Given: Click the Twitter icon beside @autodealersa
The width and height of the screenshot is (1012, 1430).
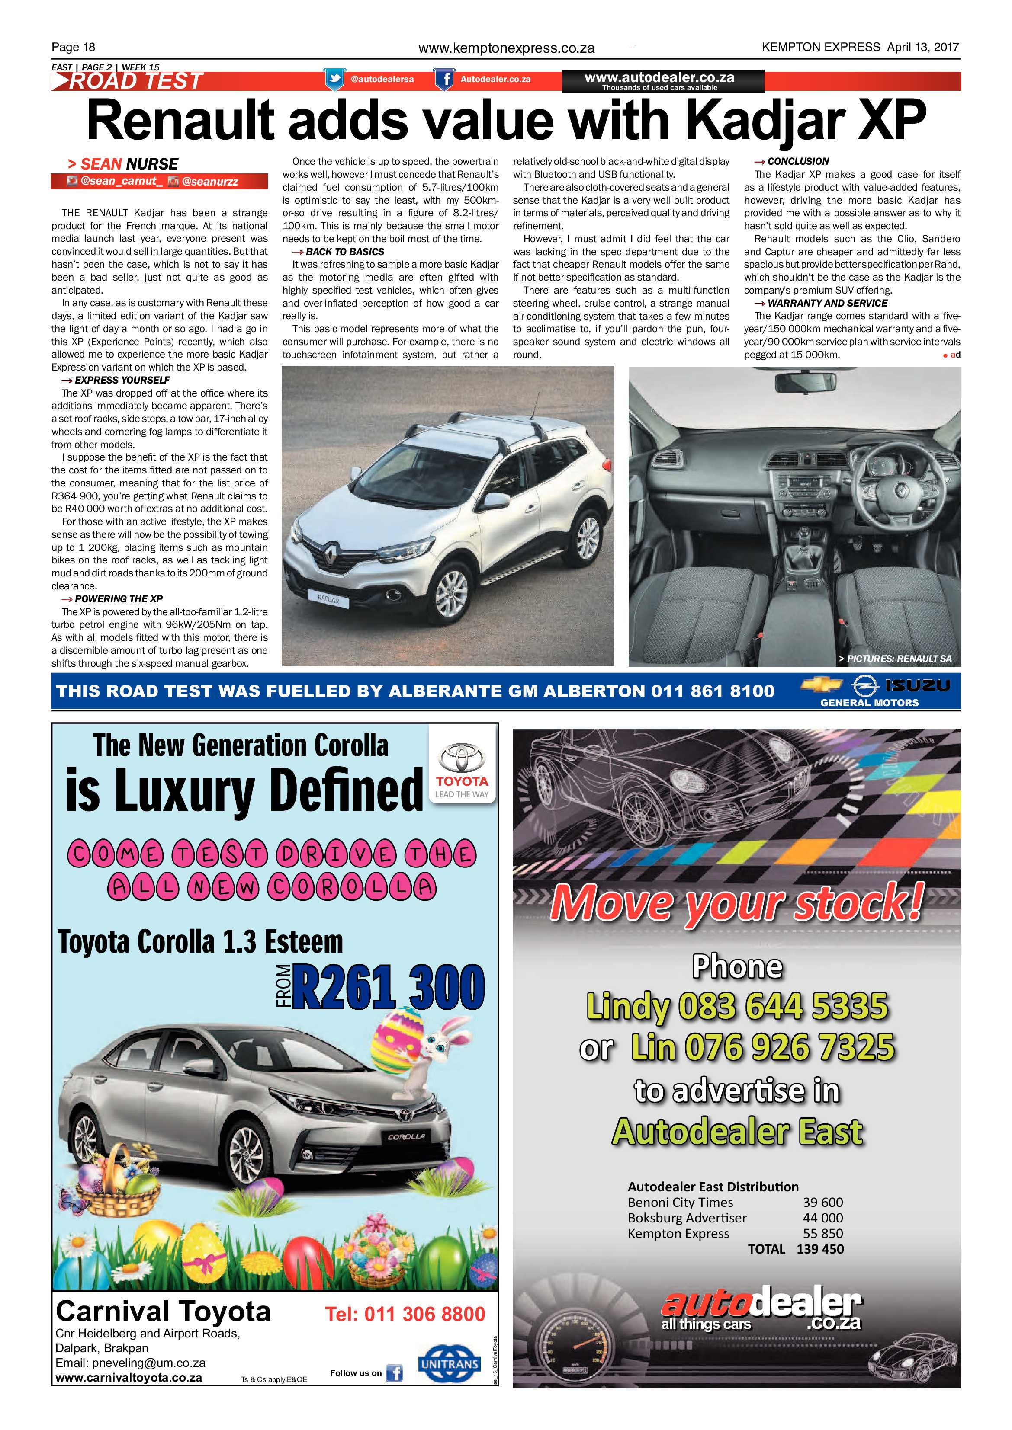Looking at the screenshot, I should click(334, 80).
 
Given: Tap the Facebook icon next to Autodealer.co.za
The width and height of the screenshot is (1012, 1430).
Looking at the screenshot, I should click(444, 80).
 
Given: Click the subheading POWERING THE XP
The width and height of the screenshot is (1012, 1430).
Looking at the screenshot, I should click(119, 598).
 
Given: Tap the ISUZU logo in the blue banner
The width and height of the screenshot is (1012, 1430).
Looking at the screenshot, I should click(917, 686).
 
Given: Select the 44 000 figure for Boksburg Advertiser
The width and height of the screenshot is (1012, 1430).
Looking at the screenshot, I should click(822, 1218).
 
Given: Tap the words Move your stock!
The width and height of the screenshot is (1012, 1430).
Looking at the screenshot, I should click(736, 902).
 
